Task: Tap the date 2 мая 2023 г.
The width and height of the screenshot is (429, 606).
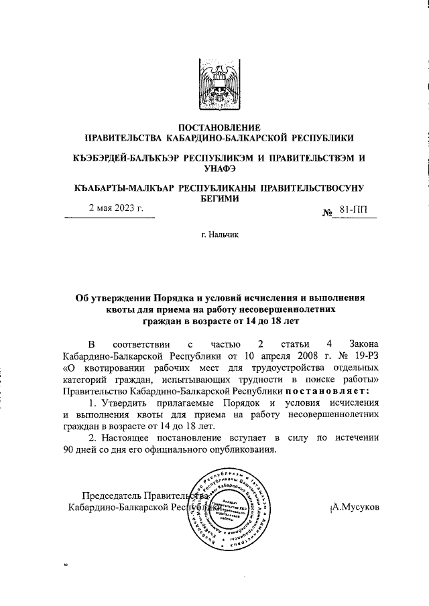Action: click(x=117, y=208)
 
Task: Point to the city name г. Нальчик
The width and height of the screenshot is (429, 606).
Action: click(x=215, y=254)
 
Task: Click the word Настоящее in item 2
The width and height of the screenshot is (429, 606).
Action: click(x=129, y=437)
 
